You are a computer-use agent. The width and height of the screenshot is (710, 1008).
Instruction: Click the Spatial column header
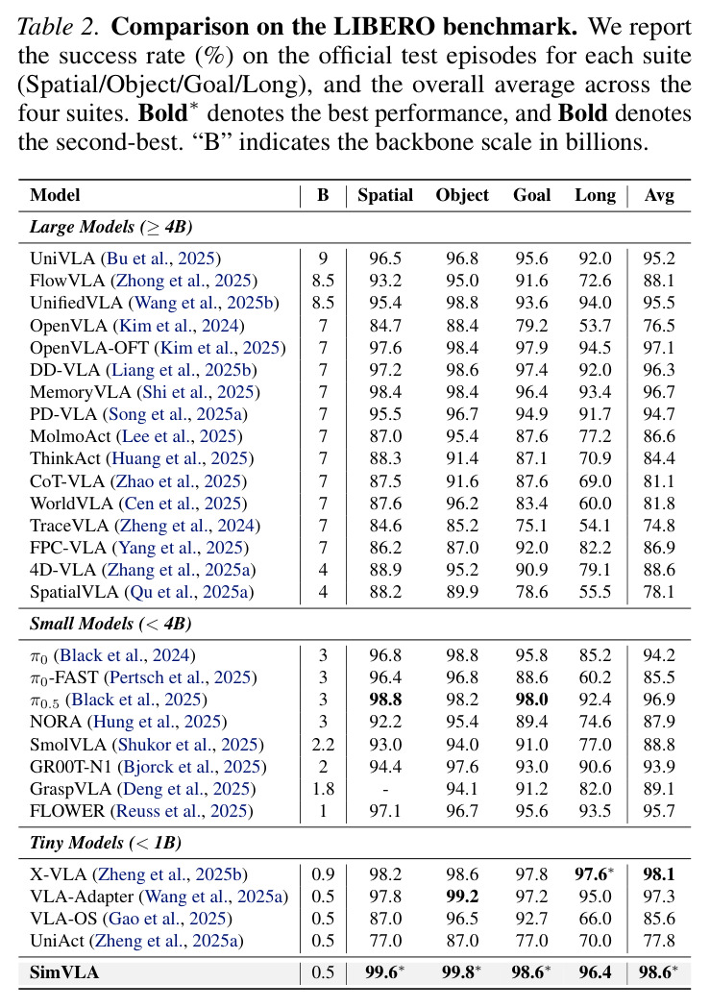385,195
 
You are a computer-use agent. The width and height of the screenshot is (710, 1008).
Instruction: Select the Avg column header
659,195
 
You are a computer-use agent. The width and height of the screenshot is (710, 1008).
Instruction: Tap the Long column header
595,195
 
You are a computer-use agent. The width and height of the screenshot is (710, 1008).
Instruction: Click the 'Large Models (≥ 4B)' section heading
111,227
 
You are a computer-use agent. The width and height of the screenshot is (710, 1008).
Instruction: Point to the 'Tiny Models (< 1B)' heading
106,843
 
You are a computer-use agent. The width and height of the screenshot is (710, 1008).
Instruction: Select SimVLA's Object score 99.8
461,972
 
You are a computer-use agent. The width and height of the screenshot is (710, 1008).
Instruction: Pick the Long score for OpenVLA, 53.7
595,326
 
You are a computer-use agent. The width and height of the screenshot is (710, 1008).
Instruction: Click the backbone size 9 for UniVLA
323,259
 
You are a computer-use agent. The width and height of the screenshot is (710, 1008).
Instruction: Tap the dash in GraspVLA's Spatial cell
385,790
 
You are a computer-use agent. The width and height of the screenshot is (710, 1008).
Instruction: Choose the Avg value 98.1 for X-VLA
659,875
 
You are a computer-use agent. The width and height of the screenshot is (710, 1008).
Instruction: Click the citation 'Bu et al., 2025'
160,259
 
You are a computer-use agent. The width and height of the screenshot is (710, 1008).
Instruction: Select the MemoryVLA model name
81,393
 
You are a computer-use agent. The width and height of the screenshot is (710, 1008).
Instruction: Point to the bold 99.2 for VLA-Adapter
463,897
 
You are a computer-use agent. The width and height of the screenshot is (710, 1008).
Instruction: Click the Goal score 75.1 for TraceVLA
531,526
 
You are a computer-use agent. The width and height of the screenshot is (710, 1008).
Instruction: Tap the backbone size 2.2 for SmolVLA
323,745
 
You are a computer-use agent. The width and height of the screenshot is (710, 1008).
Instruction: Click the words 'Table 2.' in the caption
60,27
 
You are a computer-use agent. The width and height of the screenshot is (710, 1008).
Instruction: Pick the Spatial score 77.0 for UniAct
385,941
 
